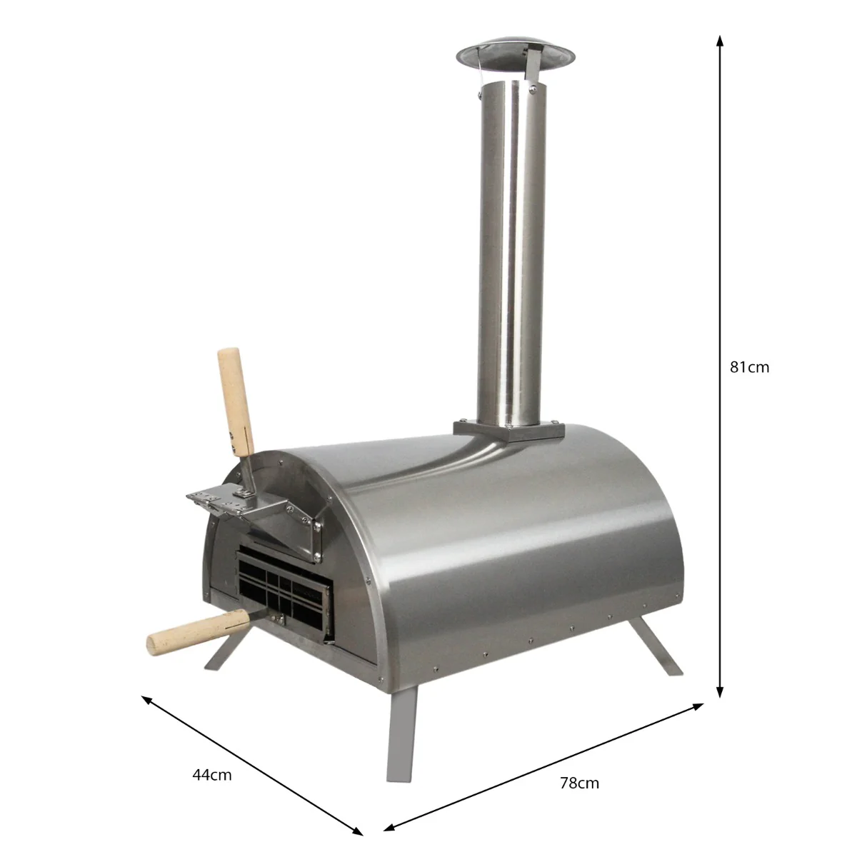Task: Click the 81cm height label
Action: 749,368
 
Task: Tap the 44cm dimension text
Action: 212,774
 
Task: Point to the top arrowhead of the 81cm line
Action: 720,40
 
